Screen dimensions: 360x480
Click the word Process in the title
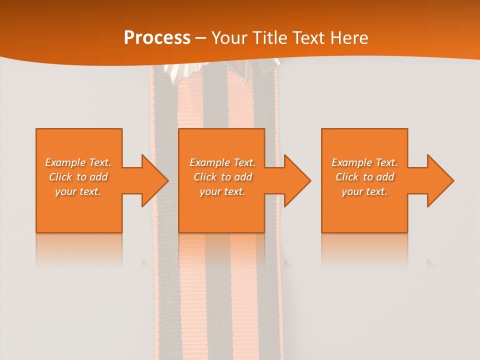(157, 38)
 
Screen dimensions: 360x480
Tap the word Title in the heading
(273, 38)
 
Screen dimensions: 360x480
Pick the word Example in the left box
(65, 162)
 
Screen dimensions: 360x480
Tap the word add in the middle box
(243, 177)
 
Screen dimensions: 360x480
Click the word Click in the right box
(347, 177)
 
